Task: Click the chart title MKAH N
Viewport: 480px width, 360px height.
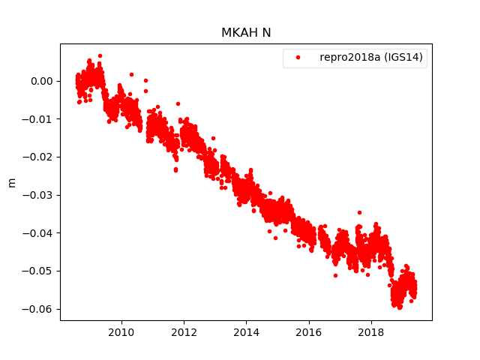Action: (x=246, y=33)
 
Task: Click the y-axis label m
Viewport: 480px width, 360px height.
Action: (x=11, y=182)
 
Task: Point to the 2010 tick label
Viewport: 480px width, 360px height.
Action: (x=121, y=333)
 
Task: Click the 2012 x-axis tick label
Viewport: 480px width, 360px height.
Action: (x=184, y=333)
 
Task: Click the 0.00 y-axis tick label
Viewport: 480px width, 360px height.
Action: (x=40, y=81)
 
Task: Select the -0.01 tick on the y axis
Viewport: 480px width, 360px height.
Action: (x=37, y=119)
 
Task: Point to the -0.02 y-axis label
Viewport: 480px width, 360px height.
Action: (x=37, y=157)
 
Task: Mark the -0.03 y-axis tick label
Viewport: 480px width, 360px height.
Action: (x=37, y=195)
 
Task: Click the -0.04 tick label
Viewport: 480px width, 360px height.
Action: (x=37, y=232)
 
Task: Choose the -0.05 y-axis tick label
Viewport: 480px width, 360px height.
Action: (x=37, y=271)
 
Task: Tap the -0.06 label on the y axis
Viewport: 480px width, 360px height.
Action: (x=37, y=309)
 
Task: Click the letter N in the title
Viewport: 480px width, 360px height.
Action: (x=266, y=33)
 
